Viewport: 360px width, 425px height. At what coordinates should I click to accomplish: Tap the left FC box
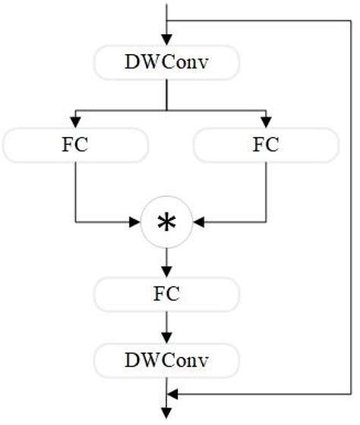click(75, 144)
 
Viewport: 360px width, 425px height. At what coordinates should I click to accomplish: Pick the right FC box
click(266, 144)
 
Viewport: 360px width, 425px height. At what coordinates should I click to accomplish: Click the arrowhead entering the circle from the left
click(137, 224)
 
